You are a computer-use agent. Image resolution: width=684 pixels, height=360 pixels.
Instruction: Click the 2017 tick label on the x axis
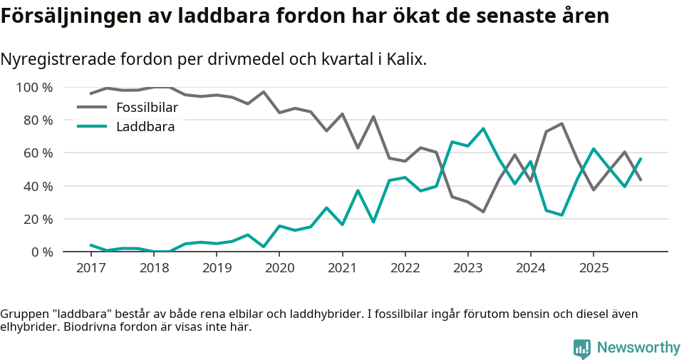90,268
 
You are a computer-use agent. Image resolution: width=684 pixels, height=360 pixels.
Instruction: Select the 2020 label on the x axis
279,268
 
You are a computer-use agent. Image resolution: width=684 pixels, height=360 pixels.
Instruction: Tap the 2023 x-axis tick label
467,268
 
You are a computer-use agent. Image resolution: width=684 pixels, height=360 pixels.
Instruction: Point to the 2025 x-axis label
593,268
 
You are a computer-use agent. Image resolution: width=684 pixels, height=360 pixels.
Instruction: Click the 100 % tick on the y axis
35,88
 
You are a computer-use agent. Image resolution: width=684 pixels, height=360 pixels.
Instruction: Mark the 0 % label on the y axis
41,252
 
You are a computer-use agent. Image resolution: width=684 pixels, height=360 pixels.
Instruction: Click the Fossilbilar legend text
147,108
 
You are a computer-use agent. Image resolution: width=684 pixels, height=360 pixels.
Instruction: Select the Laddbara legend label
145,127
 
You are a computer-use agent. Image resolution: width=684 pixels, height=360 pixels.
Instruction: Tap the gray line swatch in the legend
92,108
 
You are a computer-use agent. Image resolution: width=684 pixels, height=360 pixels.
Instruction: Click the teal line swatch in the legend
92,127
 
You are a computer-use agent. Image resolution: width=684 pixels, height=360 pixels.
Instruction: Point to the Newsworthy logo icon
582,348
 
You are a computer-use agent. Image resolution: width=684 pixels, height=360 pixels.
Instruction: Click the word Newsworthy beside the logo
638,347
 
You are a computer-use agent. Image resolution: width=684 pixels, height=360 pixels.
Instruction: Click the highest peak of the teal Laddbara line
483,129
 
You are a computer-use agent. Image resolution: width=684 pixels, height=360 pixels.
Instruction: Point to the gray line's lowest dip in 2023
483,212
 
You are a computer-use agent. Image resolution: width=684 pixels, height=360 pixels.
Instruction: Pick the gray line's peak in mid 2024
561,124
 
